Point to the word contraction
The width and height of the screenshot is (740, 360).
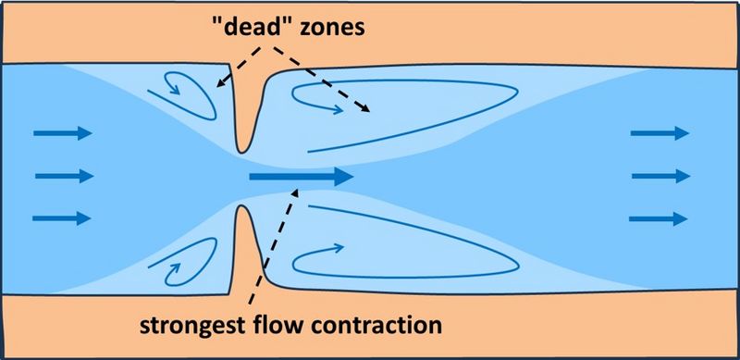tap(384, 325)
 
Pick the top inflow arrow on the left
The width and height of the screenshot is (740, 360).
tap(63, 134)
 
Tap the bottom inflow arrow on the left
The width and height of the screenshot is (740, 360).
tap(63, 218)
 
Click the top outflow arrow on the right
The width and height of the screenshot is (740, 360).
tap(660, 134)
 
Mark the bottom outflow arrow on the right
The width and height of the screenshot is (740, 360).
tap(660, 218)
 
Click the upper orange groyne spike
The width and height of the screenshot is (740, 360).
tap(244, 111)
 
